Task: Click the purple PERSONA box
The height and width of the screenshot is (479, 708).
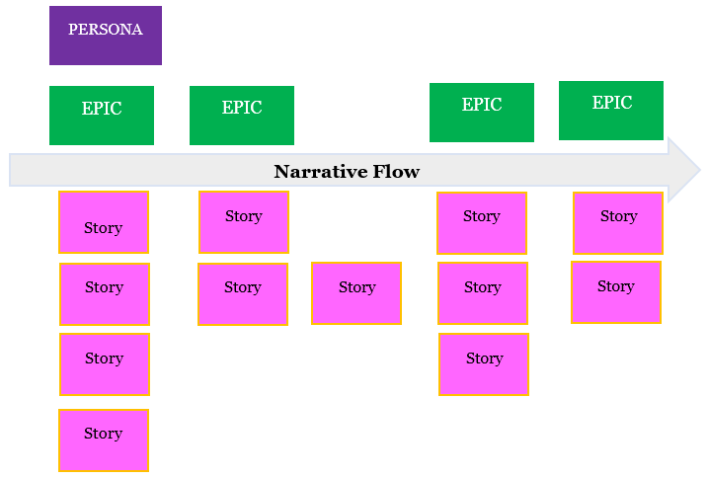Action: tap(105, 36)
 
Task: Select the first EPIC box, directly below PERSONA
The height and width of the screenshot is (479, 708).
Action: tap(102, 115)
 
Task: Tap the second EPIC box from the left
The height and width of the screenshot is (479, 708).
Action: tap(242, 115)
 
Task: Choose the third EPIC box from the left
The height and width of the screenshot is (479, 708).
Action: tap(482, 112)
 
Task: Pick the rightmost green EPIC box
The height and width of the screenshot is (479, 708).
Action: tap(611, 110)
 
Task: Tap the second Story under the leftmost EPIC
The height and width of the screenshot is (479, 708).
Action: tap(104, 293)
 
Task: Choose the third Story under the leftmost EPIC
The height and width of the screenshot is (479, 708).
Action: tap(104, 364)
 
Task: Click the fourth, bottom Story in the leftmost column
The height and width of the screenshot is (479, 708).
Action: tap(104, 439)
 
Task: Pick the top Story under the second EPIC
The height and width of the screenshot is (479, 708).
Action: tap(244, 222)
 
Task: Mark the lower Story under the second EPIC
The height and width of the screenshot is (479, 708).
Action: tap(243, 293)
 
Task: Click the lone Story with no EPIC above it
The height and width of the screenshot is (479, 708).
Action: tap(356, 292)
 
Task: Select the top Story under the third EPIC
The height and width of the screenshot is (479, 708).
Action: tap(482, 222)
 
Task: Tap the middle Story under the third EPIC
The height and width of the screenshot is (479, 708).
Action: tap(483, 292)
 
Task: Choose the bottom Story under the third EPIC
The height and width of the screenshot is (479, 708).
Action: tap(484, 364)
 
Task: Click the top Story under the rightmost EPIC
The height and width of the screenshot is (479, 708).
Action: tap(618, 222)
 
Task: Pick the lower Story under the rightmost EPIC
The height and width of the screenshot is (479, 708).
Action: tap(616, 291)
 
